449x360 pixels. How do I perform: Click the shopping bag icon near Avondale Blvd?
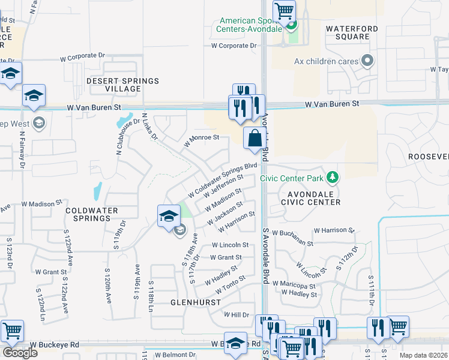[255, 138]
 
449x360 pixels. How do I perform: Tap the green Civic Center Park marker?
[331, 178]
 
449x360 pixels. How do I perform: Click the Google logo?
[20, 353]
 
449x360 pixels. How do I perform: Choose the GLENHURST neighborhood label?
[195, 302]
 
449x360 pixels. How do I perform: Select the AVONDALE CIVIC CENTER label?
[313, 199]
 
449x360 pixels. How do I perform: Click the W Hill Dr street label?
[236, 314]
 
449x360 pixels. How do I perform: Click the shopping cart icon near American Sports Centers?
[284, 11]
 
